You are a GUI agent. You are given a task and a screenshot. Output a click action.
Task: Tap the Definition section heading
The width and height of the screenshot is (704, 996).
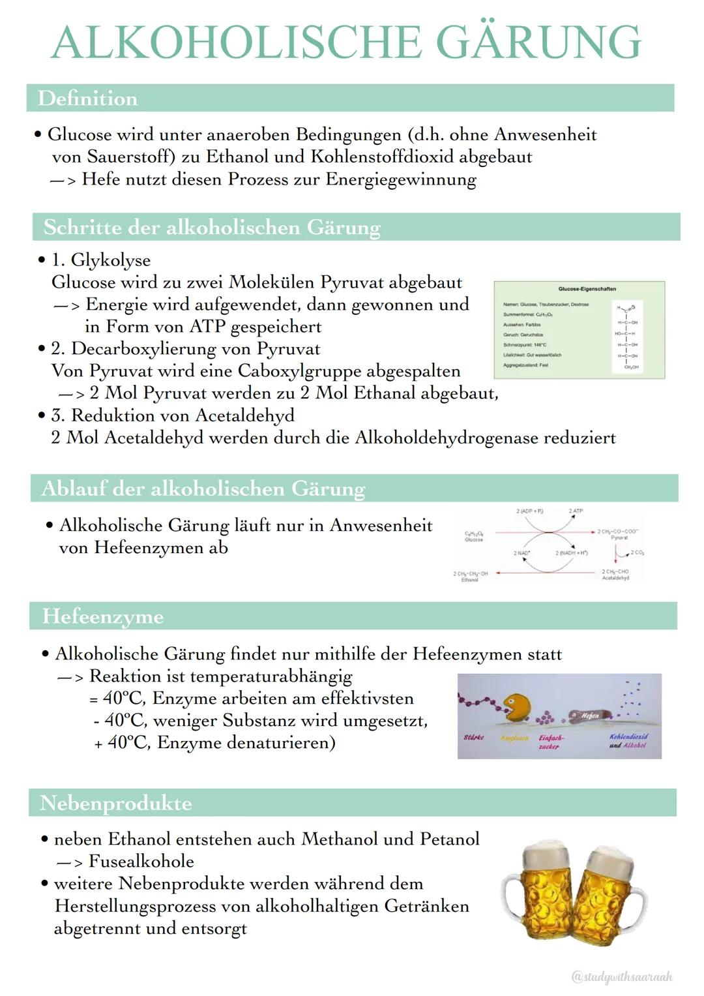[x=87, y=98]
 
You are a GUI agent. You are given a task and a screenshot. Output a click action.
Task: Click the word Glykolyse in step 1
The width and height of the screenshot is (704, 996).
[x=111, y=260]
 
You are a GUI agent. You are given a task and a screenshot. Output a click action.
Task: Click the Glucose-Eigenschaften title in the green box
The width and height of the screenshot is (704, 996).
[x=587, y=289]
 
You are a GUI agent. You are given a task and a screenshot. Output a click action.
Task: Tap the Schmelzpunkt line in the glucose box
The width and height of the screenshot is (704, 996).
[x=525, y=344]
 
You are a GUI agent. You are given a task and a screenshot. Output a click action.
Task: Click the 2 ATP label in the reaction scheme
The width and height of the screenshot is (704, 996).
[x=576, y=511]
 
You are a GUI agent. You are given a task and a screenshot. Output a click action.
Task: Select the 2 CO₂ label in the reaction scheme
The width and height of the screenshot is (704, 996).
[x=637, y=553]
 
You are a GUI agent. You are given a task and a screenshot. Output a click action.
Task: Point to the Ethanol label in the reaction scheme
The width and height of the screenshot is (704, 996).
[x=469, y=580]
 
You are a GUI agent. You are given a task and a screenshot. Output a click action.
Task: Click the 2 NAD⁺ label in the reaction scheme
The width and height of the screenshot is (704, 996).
[x=521, y=553]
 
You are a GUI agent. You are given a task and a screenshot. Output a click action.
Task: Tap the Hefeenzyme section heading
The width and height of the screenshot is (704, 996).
[x=102, y=616]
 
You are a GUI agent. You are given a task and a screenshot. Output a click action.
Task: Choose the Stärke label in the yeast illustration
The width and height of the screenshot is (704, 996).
[x=473, y=737]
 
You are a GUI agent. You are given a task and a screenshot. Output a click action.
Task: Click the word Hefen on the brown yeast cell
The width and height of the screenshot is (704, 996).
[x=590, y=716]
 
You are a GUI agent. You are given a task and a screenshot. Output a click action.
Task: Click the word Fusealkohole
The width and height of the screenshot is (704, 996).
[x=141, y=862]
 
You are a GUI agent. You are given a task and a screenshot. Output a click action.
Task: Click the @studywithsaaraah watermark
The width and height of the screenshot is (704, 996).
[x=621, y=976]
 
